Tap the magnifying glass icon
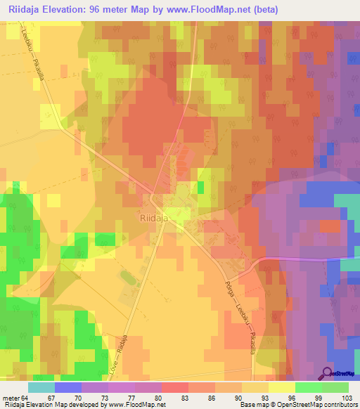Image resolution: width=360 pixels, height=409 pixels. [328, 374]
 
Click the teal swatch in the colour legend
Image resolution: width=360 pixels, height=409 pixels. [41, 387]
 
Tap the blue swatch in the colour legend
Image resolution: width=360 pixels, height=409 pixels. [68, 387]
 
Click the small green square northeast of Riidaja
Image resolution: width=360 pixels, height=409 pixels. [200, 187]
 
